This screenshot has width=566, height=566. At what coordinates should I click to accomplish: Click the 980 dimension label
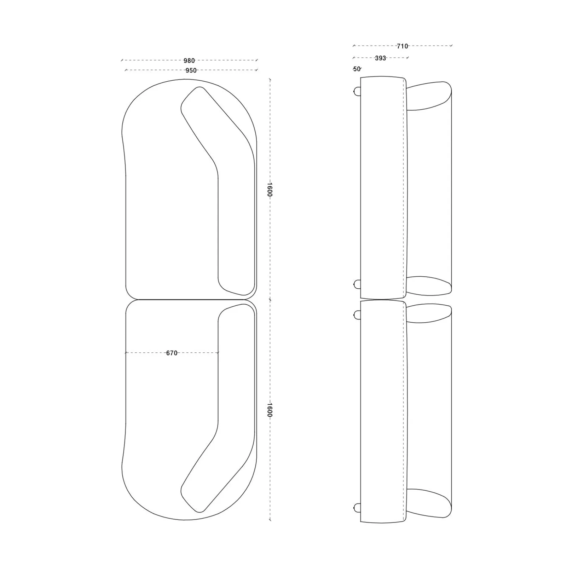189,61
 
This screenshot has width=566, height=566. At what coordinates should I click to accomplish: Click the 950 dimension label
191,70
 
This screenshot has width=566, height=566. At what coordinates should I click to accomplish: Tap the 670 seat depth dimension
172,353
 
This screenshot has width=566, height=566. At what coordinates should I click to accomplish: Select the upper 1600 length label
270,190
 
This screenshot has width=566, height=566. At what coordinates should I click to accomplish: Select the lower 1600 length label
270,410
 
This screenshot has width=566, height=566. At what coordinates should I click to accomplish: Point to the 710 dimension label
402,46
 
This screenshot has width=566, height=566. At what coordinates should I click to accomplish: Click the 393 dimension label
380,58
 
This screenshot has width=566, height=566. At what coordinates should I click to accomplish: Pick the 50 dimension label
357,69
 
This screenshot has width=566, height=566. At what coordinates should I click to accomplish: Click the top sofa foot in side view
357,92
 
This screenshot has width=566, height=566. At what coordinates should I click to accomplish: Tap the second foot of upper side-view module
357,284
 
